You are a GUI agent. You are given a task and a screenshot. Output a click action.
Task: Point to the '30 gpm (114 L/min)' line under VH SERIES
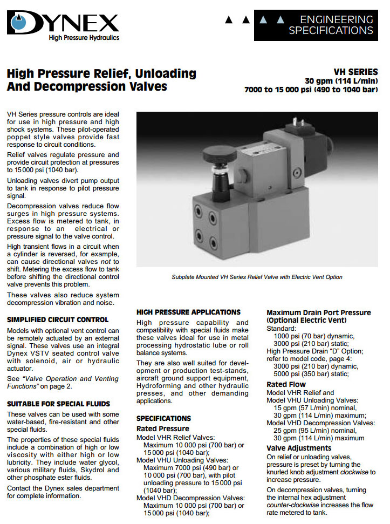341,81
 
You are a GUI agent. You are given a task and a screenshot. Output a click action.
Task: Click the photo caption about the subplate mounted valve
257,277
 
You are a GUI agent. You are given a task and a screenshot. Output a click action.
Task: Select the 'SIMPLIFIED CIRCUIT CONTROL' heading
58,320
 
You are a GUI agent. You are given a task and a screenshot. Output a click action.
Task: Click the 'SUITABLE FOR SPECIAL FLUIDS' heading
58,404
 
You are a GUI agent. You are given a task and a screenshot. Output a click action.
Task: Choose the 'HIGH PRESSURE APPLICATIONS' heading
188,312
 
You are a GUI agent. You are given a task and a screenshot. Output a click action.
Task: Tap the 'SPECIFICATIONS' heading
163,418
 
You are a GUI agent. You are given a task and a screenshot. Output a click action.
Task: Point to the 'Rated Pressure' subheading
162,428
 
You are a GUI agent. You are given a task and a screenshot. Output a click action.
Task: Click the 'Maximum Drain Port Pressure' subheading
319,312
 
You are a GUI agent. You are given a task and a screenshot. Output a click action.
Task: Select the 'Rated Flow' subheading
286,385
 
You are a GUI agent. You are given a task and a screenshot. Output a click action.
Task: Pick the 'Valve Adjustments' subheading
299,448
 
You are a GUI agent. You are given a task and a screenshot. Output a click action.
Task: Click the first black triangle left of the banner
229,20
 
